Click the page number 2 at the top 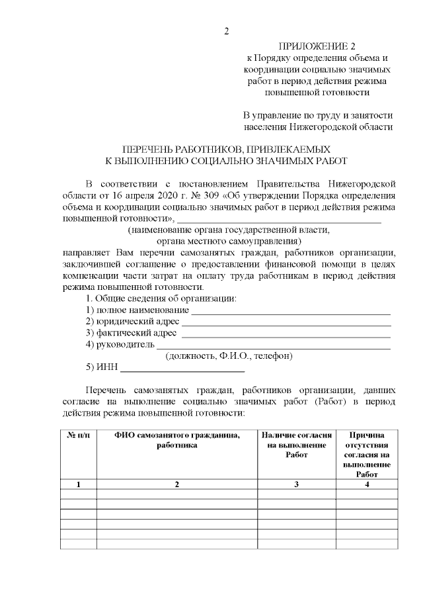[x=226, y=32]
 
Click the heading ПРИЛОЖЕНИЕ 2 [x=317, y=46]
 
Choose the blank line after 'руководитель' [x=273, y=344]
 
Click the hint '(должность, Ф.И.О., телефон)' [x=229, y=356]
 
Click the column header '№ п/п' [x=79, y=435]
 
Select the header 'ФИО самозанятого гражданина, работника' [x=176, y=440]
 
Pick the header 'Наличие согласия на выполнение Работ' [x=297, y=445]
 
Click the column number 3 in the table [x=297, y=484]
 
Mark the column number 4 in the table [x=366, y=484]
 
